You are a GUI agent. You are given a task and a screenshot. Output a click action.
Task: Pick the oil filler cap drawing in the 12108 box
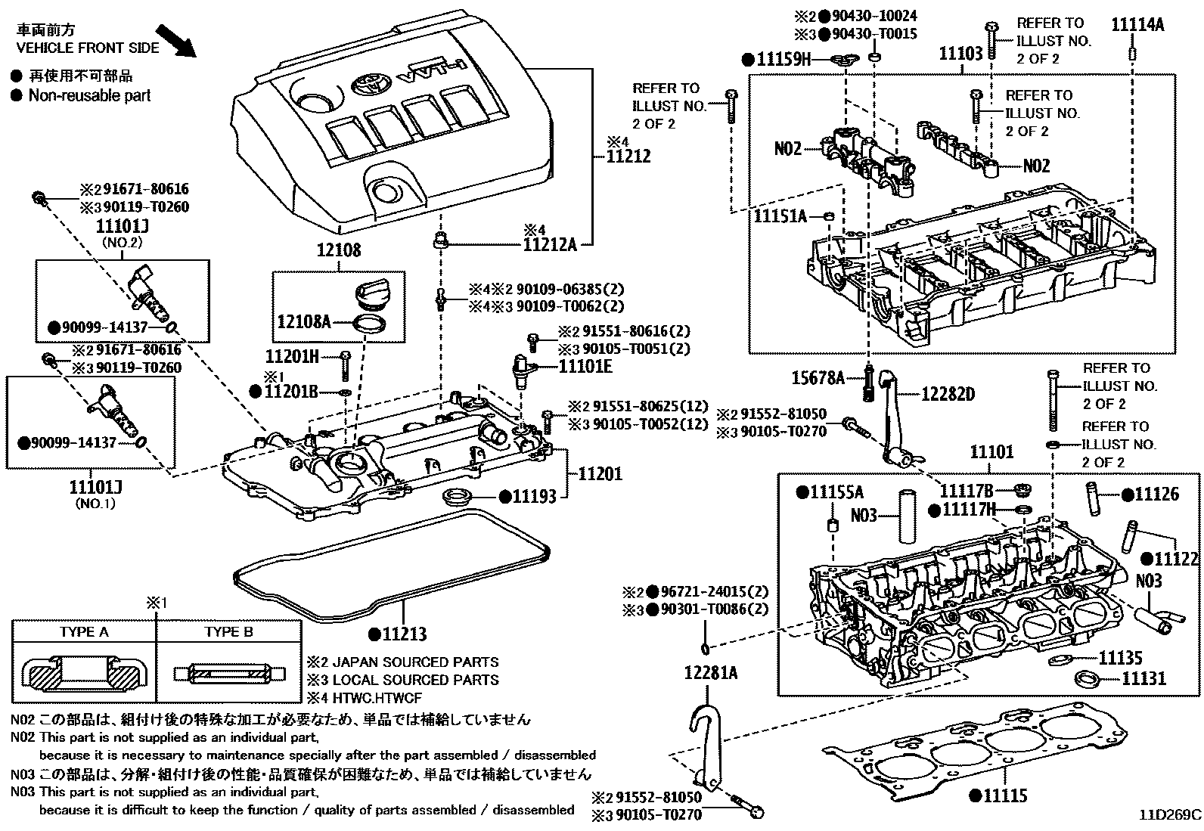371,292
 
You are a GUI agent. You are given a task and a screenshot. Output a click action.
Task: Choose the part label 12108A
304,323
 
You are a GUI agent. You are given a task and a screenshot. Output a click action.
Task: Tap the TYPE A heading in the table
84,632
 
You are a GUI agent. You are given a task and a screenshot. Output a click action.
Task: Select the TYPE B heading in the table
228,632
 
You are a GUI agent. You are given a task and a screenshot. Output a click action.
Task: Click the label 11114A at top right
1137,24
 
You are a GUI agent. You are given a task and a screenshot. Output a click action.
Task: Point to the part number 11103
960,53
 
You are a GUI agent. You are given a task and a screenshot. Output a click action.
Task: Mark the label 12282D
948,394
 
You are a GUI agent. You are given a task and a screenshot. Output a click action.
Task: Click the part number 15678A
818,378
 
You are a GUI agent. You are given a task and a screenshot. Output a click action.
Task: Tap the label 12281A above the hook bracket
711,672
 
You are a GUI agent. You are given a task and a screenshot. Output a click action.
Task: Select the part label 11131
1143,678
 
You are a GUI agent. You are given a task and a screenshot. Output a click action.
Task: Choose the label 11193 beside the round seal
534,496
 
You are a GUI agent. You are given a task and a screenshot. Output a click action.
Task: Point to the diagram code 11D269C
1171,815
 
